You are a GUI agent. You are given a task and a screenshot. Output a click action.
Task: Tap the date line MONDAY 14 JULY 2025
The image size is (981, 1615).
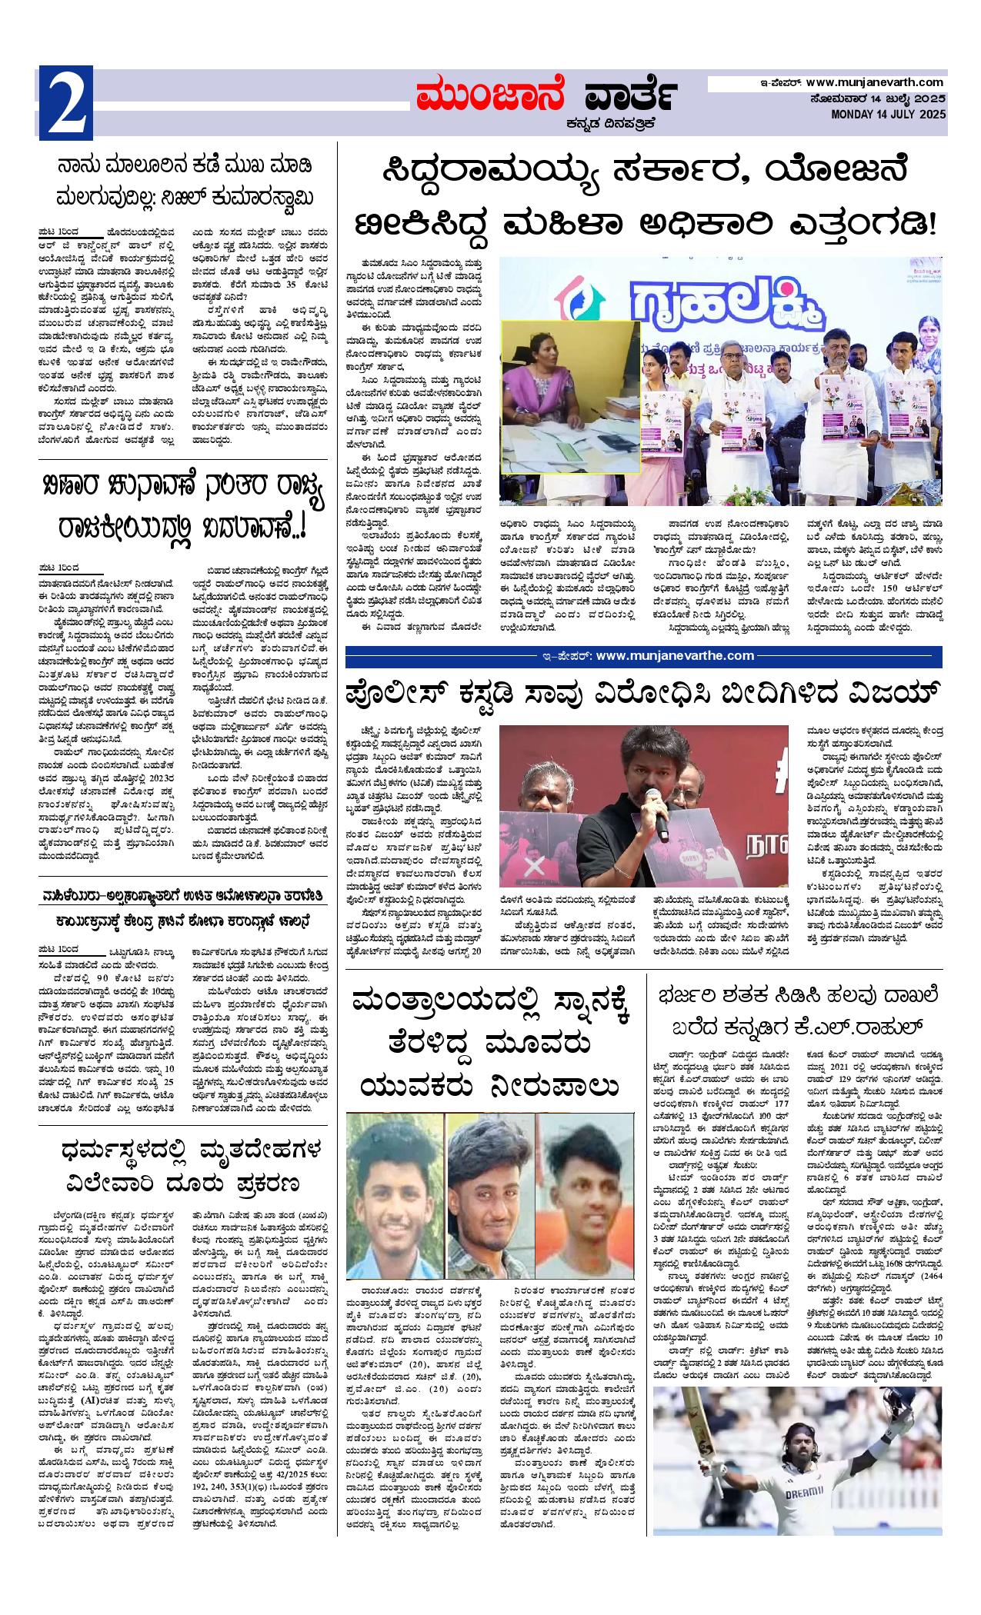(889, 115)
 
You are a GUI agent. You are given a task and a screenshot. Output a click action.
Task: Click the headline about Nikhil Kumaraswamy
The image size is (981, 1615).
(187, 181)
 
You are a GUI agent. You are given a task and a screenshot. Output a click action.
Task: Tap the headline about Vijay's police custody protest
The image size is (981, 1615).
(643, 694)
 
